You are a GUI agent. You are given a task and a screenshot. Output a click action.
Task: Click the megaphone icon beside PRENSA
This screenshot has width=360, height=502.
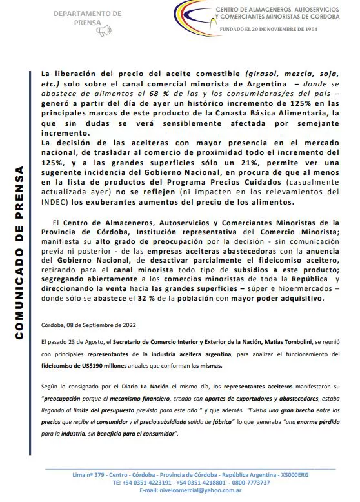[105, 30]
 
